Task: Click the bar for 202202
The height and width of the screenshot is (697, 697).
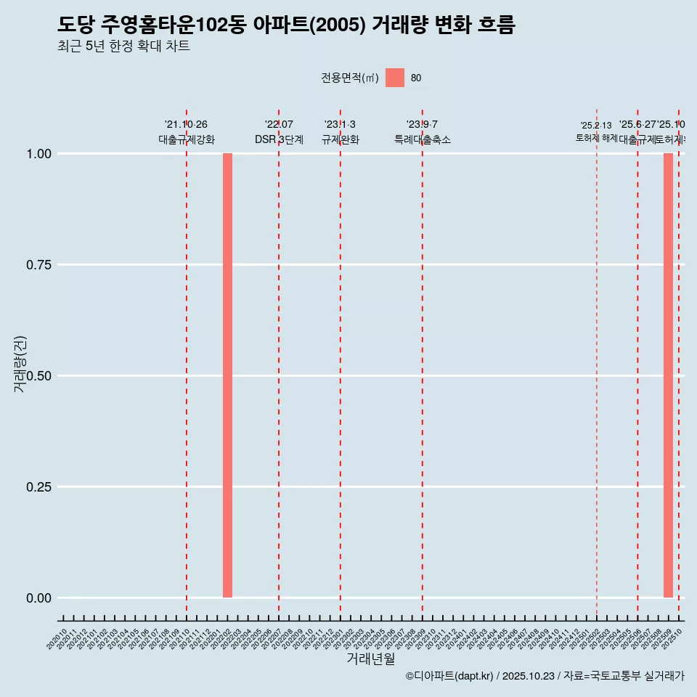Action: tap(227, 375)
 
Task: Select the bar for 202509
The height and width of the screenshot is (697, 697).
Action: tap(668, 375)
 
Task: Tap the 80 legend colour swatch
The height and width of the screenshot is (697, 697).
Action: tap(395, 78)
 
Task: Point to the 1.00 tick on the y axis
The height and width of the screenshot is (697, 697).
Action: tap(39, 154)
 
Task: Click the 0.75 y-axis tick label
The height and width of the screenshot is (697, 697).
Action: tap(39, 265)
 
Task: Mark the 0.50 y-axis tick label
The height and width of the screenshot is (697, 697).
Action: tap(39, 376)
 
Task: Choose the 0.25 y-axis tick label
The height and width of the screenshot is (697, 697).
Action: tap(39, 487)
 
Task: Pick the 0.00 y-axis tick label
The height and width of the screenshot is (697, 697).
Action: tap(39, 598)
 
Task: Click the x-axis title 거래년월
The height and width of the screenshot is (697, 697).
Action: tap(371, 659)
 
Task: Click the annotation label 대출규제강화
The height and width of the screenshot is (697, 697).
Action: tap(187, 139)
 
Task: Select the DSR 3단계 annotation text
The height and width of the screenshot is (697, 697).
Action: tap(279, 139)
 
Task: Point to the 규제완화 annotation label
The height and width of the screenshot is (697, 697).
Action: tap(341, 139)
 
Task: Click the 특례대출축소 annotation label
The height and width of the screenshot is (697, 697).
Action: tap(423, 139)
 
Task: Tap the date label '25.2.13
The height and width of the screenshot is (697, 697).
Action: tap(596, 126)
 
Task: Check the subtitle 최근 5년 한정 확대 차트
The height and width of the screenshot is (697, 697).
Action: tap(123, 46)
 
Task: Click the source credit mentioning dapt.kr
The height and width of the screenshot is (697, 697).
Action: tap(545, 676)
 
